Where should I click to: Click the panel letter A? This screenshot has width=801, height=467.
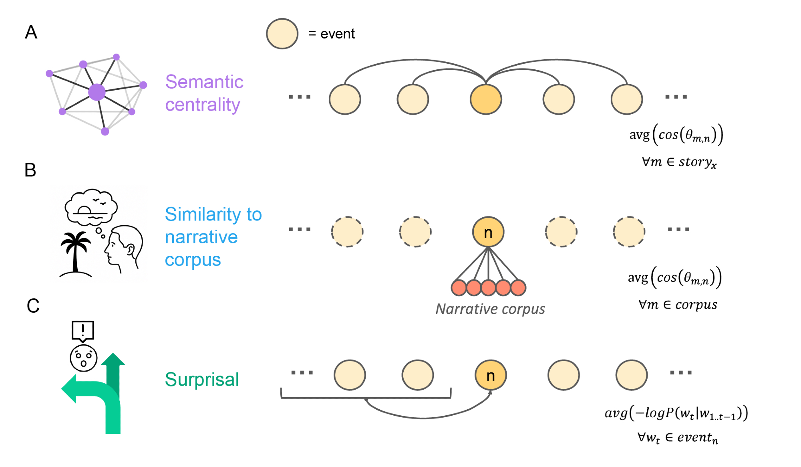click(x=31, y=32)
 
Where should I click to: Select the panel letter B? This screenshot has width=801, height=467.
click(x=30, y=170)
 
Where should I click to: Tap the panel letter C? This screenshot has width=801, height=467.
click(x=33, y=306)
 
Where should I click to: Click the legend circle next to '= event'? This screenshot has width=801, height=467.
click(x=282, y=34)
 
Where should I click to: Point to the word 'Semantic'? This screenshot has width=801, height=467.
click(x=204, y=82)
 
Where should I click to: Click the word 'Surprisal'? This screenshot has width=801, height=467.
click(x=202, y=379)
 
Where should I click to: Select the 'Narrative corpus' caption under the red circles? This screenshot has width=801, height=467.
click(x=490, y=309)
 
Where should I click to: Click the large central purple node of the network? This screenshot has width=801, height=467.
click(x=97, y=92)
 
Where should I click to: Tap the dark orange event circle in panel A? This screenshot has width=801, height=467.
click(x=486, y=99)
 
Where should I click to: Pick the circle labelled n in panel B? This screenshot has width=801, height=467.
click(x=488, y=232)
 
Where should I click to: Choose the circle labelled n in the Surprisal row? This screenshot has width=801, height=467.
click(x=491, y=375)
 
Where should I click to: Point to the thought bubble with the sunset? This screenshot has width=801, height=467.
click(x=91, y=207)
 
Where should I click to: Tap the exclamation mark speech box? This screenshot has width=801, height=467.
click(x=83, y=331)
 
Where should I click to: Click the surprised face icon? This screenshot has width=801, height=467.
click(x=83, y=358)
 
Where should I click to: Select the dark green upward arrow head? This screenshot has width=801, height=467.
click(x=113, y=360)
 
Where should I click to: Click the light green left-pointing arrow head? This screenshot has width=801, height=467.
click(x=70, y=388)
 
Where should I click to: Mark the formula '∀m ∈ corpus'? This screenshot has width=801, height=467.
click(x=678, y=305)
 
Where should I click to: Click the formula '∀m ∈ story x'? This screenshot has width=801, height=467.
click(x=679, y=162)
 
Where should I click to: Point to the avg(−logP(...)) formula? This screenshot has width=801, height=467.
click(x=676, y=413)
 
